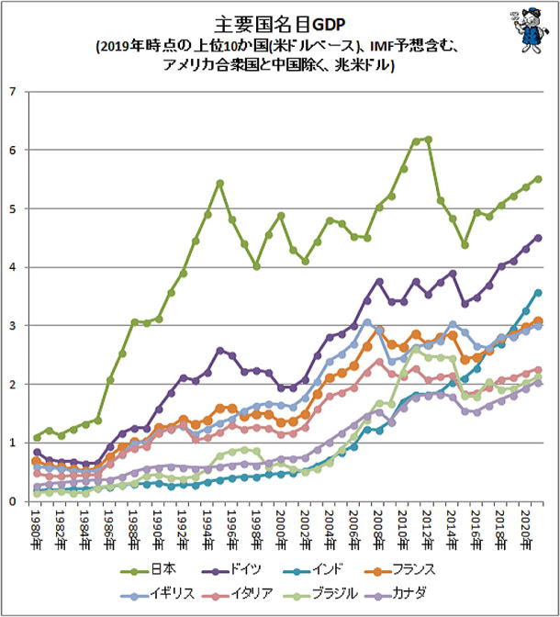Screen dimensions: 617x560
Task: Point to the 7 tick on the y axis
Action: pyautogui.click(x=12, y=91)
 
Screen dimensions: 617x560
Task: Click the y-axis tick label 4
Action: pyautogui.click(x=12, y=267)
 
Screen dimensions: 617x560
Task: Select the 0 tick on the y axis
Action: pyautogui.click(x=12, y=501)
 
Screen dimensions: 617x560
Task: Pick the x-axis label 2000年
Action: pyautogui.click(x=282, y=530)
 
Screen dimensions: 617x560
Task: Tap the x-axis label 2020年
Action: pyautogui.click(x=525, y=530)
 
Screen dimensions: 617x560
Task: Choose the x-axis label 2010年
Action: pyautogui.click(x=403, y=530)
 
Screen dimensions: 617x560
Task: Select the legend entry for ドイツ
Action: pyautogui.click(x=259, y=568)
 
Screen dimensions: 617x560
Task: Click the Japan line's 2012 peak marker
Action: pyautogui.click(x=428, y=139)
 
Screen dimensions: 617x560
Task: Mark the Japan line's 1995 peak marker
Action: pyautogui.click(x=220, y=183)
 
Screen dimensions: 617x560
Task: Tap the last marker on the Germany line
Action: pyautogui.click(x=538, y=238)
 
